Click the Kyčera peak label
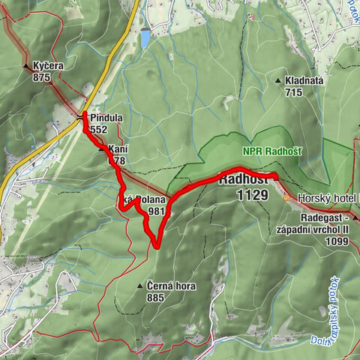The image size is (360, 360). click(48, 66)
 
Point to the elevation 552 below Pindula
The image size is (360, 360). click(98, 129)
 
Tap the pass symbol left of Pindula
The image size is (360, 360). click(80, 117)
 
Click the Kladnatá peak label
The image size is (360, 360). click(307, 81)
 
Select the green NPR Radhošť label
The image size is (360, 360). click(271, 151)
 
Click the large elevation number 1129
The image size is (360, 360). click(252, 195)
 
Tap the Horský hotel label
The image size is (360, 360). click(328, 198)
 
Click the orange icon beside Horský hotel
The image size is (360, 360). click(286, 198)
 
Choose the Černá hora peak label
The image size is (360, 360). click(166, 286)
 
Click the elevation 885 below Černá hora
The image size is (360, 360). click(155, 297)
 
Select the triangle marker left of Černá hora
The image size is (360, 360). click(140, 286)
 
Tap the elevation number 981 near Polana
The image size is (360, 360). click(156, 211)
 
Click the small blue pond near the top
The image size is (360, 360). click(145, 38)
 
